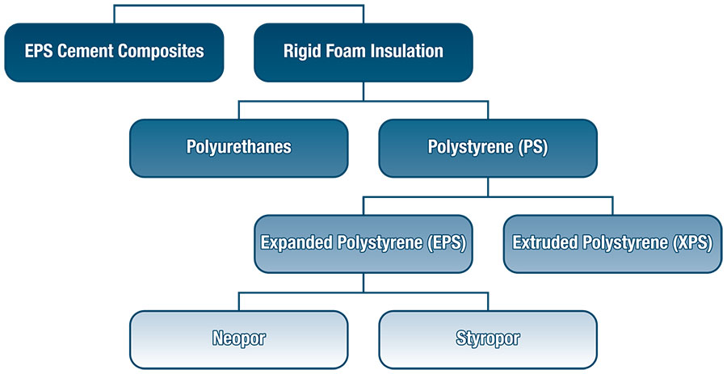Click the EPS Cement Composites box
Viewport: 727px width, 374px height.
click(x=114, y=53)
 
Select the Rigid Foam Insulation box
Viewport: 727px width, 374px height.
click(x=363, y=53)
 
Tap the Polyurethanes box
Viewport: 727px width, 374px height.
click(x=239, y=149)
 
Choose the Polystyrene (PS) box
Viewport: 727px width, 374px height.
click(x=488, y=149)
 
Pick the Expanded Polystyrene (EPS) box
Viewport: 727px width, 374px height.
click(x=363, y=244)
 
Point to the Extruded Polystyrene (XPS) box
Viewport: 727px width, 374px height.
click(x=612, y=244)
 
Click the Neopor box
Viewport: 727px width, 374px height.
click(x=239, y=340)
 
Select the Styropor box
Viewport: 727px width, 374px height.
click(x=488, y=340)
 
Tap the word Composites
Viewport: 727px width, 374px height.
click(x=161, y=52)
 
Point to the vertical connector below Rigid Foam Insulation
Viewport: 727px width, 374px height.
click(x=363, y=92)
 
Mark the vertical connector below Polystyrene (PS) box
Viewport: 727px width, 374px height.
click(x=488, y=187)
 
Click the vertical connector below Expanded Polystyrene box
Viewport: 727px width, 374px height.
click(x=363, y=283)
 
